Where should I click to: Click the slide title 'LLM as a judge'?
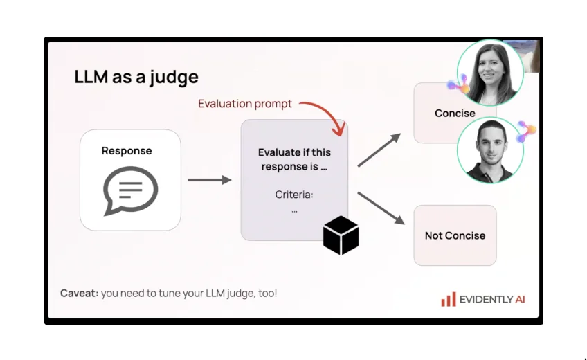136,77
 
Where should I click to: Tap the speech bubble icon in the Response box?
130,190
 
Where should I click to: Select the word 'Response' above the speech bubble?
127,151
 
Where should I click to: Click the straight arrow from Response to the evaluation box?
209,180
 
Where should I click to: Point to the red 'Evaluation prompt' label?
244,104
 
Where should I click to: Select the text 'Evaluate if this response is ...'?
294,159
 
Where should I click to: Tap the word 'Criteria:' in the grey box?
294,195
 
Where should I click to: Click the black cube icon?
341,235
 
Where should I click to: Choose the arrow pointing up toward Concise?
379,150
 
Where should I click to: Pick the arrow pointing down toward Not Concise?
381,208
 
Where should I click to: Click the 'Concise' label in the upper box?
455,113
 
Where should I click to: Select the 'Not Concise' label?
455,235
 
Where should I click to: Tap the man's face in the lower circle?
489,144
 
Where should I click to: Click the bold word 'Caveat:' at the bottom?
78,294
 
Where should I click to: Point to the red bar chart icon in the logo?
449,299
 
